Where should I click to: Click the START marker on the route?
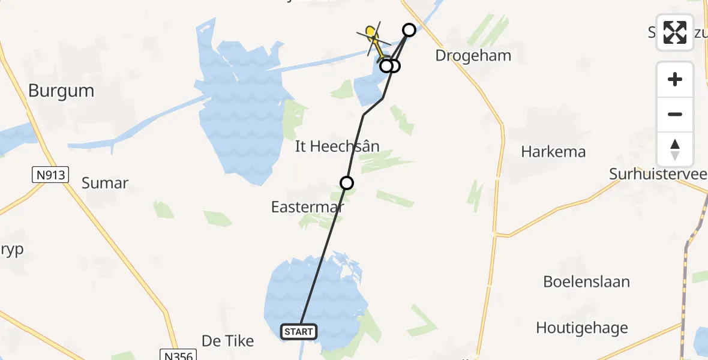coord(299,331)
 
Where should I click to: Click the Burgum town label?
coord(61,91)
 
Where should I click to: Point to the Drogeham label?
coord(473,56)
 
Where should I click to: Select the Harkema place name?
coord(553,152)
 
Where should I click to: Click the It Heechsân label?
coord(337,146)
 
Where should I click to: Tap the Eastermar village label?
coord(308,208)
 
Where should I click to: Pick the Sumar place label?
coord(105,184)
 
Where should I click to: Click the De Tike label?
coord(228,341)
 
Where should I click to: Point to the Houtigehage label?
coord(582,328)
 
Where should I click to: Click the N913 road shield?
coord(50,175)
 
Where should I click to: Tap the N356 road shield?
coord(178,355)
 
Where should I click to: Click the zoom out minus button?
coord(675,115)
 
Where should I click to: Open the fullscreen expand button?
coord(675,32)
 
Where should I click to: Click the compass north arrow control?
coord(675,149)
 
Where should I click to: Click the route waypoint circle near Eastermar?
coord(346,183)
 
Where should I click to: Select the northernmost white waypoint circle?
coord(409,29)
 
